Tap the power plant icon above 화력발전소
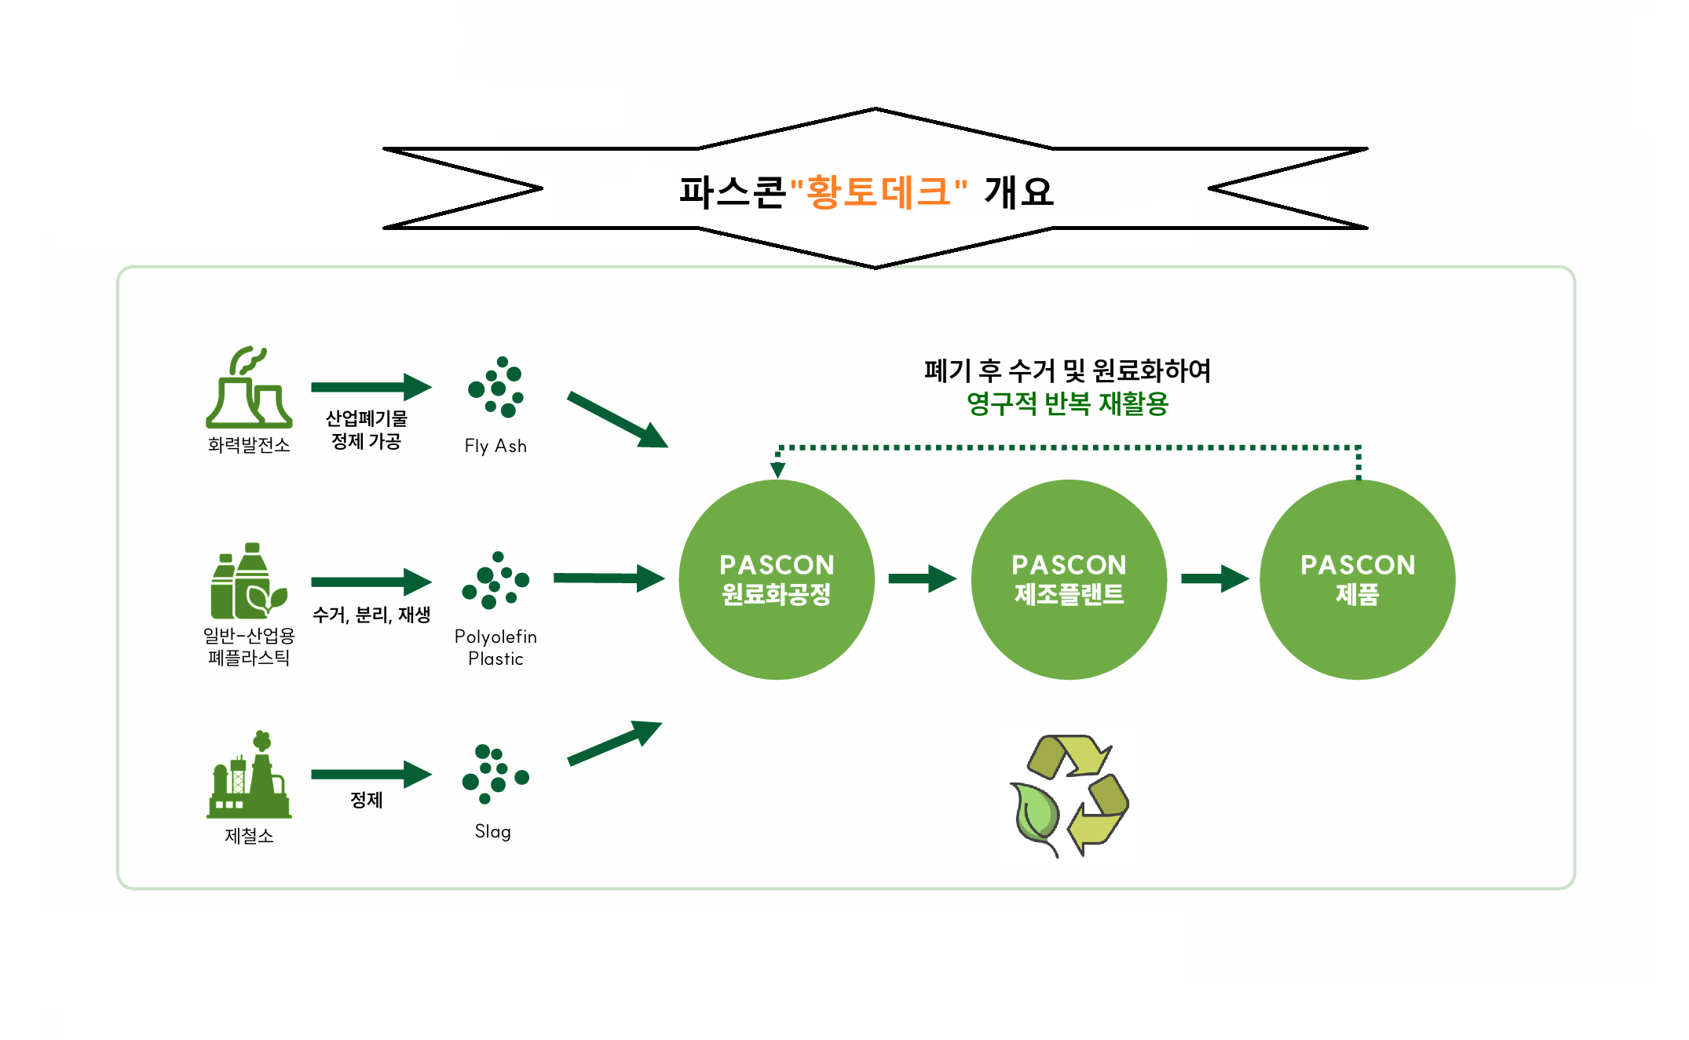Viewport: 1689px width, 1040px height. (249, 387)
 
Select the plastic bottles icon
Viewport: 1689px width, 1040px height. (248, 581)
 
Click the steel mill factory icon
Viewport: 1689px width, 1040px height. (249, 775)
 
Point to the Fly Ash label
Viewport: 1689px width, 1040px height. (495, 446)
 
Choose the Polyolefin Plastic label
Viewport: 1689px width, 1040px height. (495, 648)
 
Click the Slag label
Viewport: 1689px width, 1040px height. (493, 832)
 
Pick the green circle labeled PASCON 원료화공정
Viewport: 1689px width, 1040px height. (777, 579)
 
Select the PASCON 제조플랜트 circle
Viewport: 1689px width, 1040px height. (1069, 579)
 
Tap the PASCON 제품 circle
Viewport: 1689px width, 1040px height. (1358, 579)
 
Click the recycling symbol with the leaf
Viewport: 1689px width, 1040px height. (1069, 795)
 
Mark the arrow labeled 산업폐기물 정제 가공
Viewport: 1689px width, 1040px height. (371, 387)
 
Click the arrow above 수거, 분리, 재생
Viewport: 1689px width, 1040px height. (371, 582)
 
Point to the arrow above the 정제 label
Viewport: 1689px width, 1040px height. (371, 774)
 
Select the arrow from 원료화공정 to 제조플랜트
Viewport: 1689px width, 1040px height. (923, 578)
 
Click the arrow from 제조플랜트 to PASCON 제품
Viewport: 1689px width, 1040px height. (1215, 578)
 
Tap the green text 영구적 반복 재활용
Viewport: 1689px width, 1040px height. (1067, 404)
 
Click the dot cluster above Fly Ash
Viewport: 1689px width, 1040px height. (496, 387)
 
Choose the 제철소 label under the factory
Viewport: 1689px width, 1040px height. (249, 836)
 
